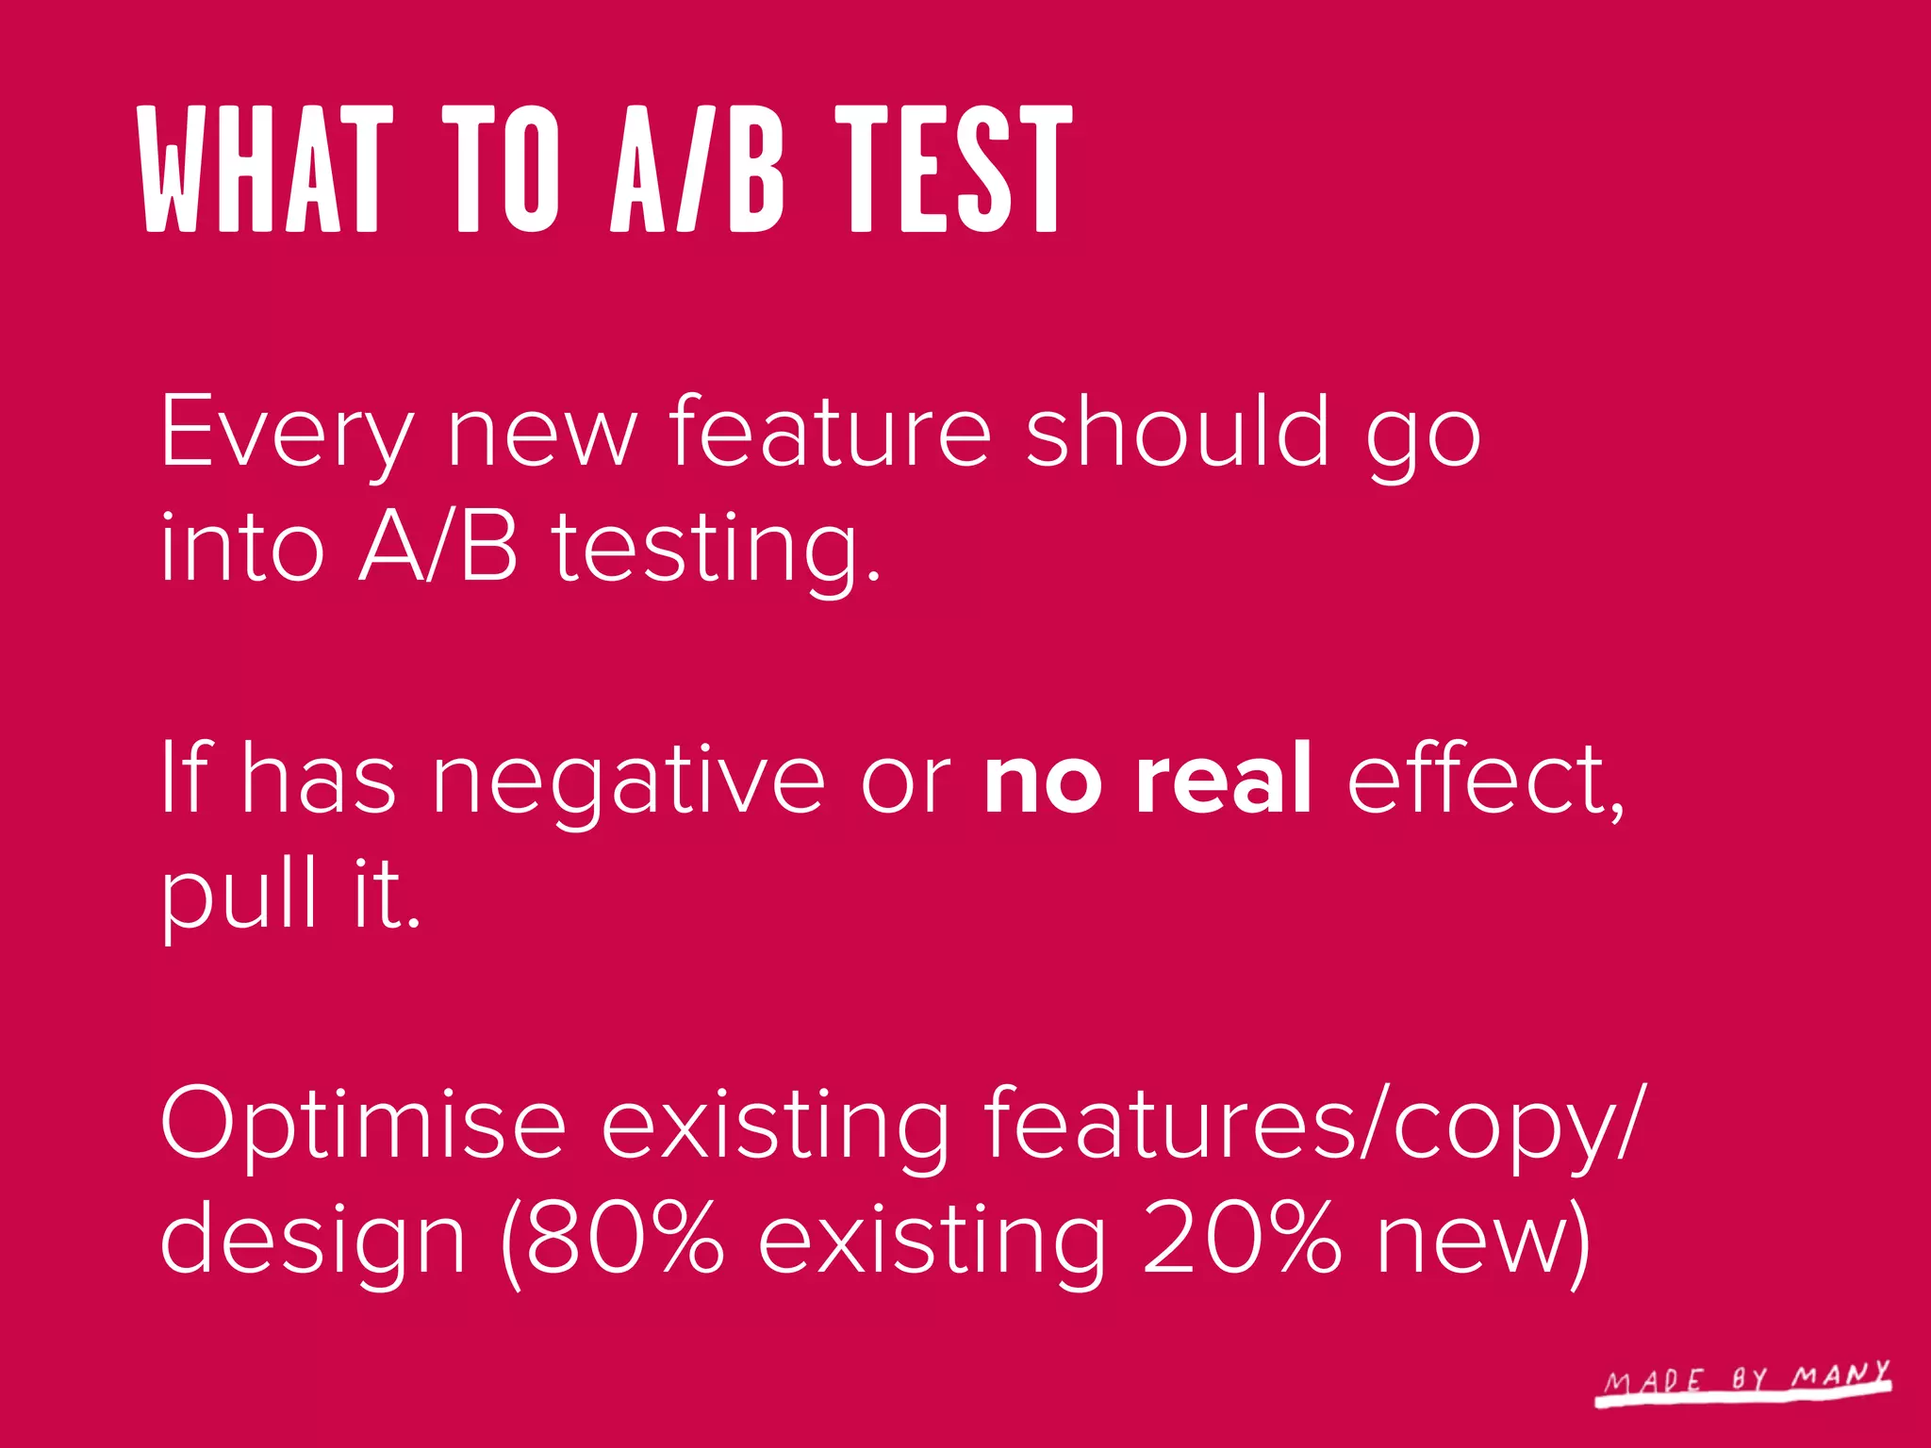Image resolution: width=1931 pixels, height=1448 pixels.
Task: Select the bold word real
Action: (x=1224, y=778)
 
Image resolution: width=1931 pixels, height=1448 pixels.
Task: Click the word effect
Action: (x=1481, y=778)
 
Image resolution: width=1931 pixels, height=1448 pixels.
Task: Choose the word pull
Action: (x=239, y=896)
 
